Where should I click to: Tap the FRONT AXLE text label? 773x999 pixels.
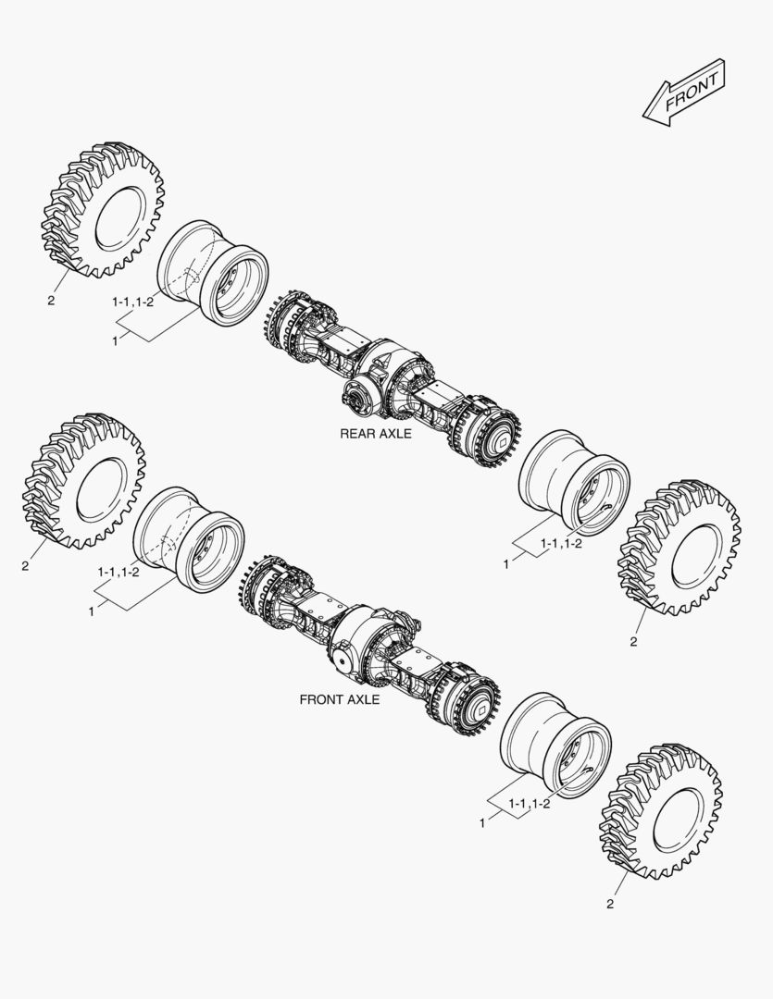tap(340, 699)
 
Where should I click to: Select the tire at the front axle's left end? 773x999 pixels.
tap(83, 481)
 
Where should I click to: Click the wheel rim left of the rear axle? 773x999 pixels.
tap(212, 274)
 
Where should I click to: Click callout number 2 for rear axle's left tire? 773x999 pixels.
tap(51, 300)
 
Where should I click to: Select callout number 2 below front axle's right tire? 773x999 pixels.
tap(609, 903)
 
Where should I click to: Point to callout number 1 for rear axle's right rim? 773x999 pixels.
tap(505, 563)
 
